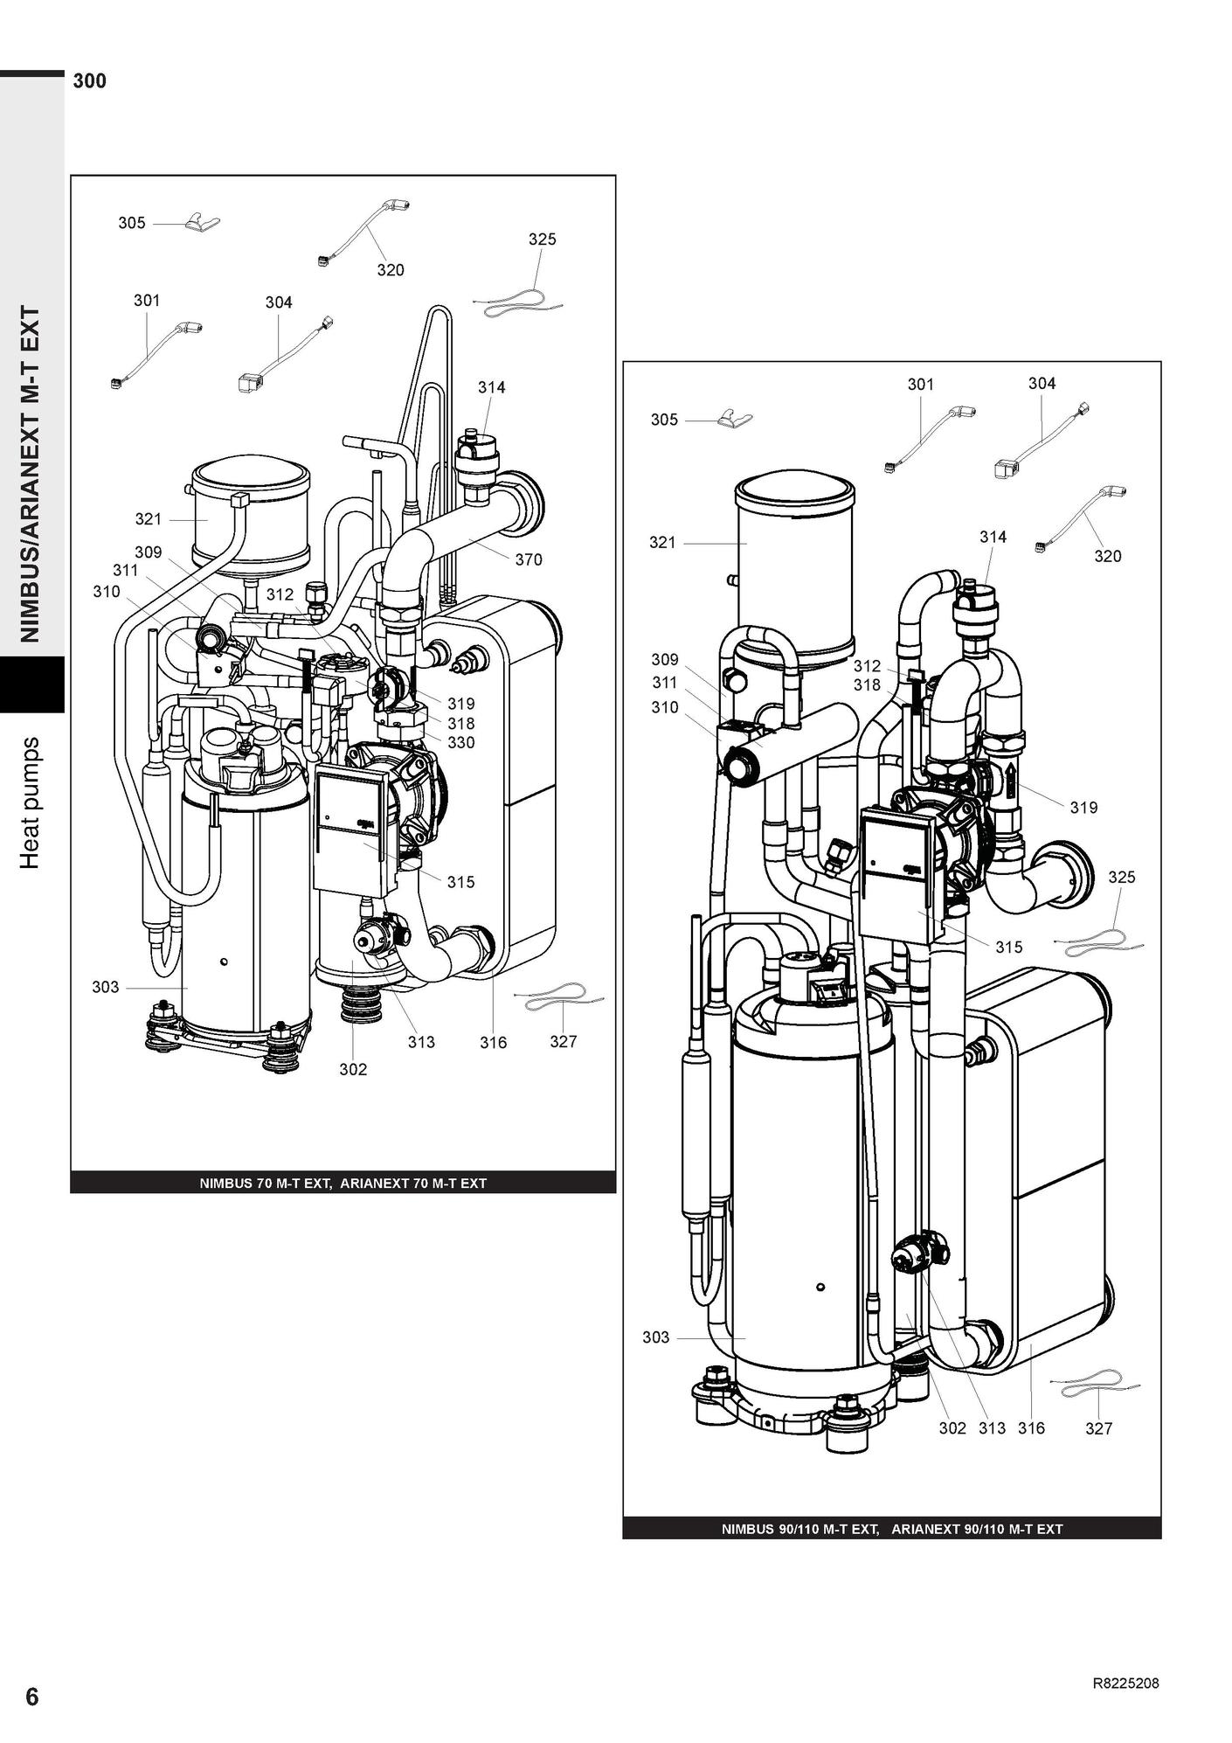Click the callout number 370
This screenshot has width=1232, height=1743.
[529, 560]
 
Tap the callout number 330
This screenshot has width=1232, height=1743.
[461, 743]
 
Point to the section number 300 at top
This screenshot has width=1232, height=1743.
[90, 81]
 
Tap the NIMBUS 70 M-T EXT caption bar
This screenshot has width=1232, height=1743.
[343, 1184]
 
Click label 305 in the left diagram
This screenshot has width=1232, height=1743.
[132, 223]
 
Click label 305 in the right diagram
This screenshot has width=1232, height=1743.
[664, 420]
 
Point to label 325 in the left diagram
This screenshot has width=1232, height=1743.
[542, 240]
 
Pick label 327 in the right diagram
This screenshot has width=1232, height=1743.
[1099, 1428]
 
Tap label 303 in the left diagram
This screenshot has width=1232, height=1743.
[106, 988]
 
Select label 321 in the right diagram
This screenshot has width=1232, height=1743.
[662, 543]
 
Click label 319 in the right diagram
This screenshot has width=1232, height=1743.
[1083, 808]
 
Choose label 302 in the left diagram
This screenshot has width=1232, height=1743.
[353, 1070]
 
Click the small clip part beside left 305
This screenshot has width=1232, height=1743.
[202, 223]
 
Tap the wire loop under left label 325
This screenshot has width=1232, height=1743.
[518, 302]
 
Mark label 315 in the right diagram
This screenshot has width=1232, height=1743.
[1008, 948]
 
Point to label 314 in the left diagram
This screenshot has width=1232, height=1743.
[491, 388]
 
